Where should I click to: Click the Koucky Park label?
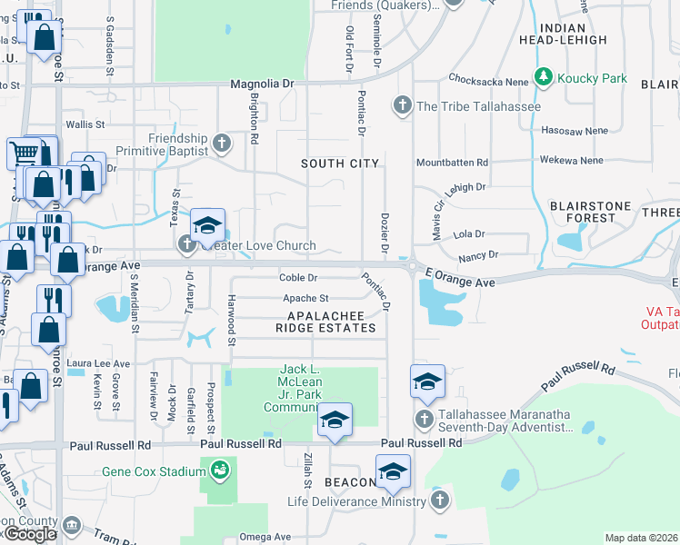click(593, 78)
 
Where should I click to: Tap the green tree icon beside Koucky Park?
click(545, 77)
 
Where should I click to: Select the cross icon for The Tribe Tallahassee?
click(402, 106)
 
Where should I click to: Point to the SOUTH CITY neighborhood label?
click(340, 163)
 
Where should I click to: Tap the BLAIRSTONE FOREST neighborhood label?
click(591, 213)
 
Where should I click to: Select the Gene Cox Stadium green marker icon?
click(219, 471)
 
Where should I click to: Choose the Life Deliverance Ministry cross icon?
click(439, 501)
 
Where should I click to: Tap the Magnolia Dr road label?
click(263, 83)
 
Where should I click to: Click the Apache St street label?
click(305, 298)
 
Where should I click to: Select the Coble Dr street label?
click(298, 278)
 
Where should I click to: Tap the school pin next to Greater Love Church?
click(207, 227)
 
